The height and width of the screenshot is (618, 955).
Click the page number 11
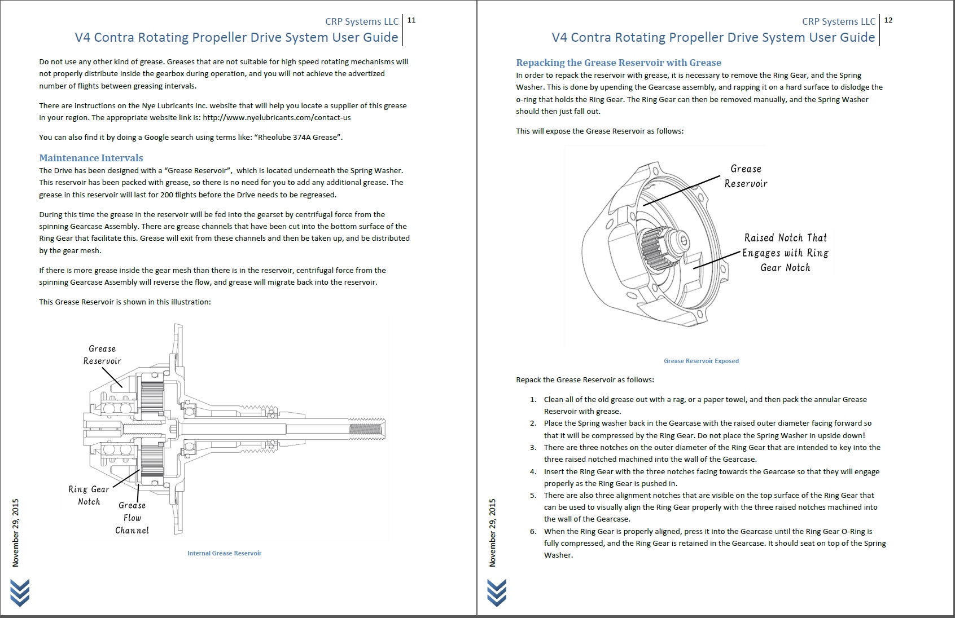click(411, 20)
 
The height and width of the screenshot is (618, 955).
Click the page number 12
click(888, 20)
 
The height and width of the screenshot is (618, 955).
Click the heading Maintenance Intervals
click(91, 158)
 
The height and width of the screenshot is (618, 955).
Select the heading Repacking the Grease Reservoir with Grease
click(619, 63)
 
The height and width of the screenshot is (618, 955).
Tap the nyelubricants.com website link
click(277, 118)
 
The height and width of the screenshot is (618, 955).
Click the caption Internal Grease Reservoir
click(224, 553)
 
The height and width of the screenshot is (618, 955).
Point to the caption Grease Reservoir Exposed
click(701, 361)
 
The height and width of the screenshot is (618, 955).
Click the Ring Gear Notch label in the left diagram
click(89, 495)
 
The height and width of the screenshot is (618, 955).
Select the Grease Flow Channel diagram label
click(132, 518)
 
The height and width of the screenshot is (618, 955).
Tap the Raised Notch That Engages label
click(785, 253)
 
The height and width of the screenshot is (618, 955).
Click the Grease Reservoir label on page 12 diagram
click(746, 176)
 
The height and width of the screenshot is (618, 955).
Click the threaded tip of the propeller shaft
click(367, 430)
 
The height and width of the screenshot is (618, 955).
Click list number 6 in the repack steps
click(533, 531)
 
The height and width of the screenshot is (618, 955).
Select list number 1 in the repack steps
click(533, 399)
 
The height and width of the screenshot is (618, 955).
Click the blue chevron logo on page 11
click(20, 593)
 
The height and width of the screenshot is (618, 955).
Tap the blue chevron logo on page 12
click(497, 593)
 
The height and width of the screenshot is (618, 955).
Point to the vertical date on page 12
click(493, 532)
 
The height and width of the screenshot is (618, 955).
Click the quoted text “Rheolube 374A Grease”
click(300, 137)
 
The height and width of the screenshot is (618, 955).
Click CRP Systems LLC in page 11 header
click(362, 21)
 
